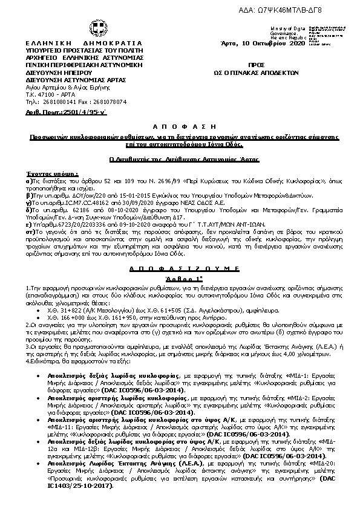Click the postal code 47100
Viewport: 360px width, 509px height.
pyautogui.click(x=44, y=95)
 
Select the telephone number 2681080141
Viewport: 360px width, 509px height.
pyautogui.click(x=57, y=102)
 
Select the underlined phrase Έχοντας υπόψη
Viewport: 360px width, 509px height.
pyautogui.click(x=45, y=173)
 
